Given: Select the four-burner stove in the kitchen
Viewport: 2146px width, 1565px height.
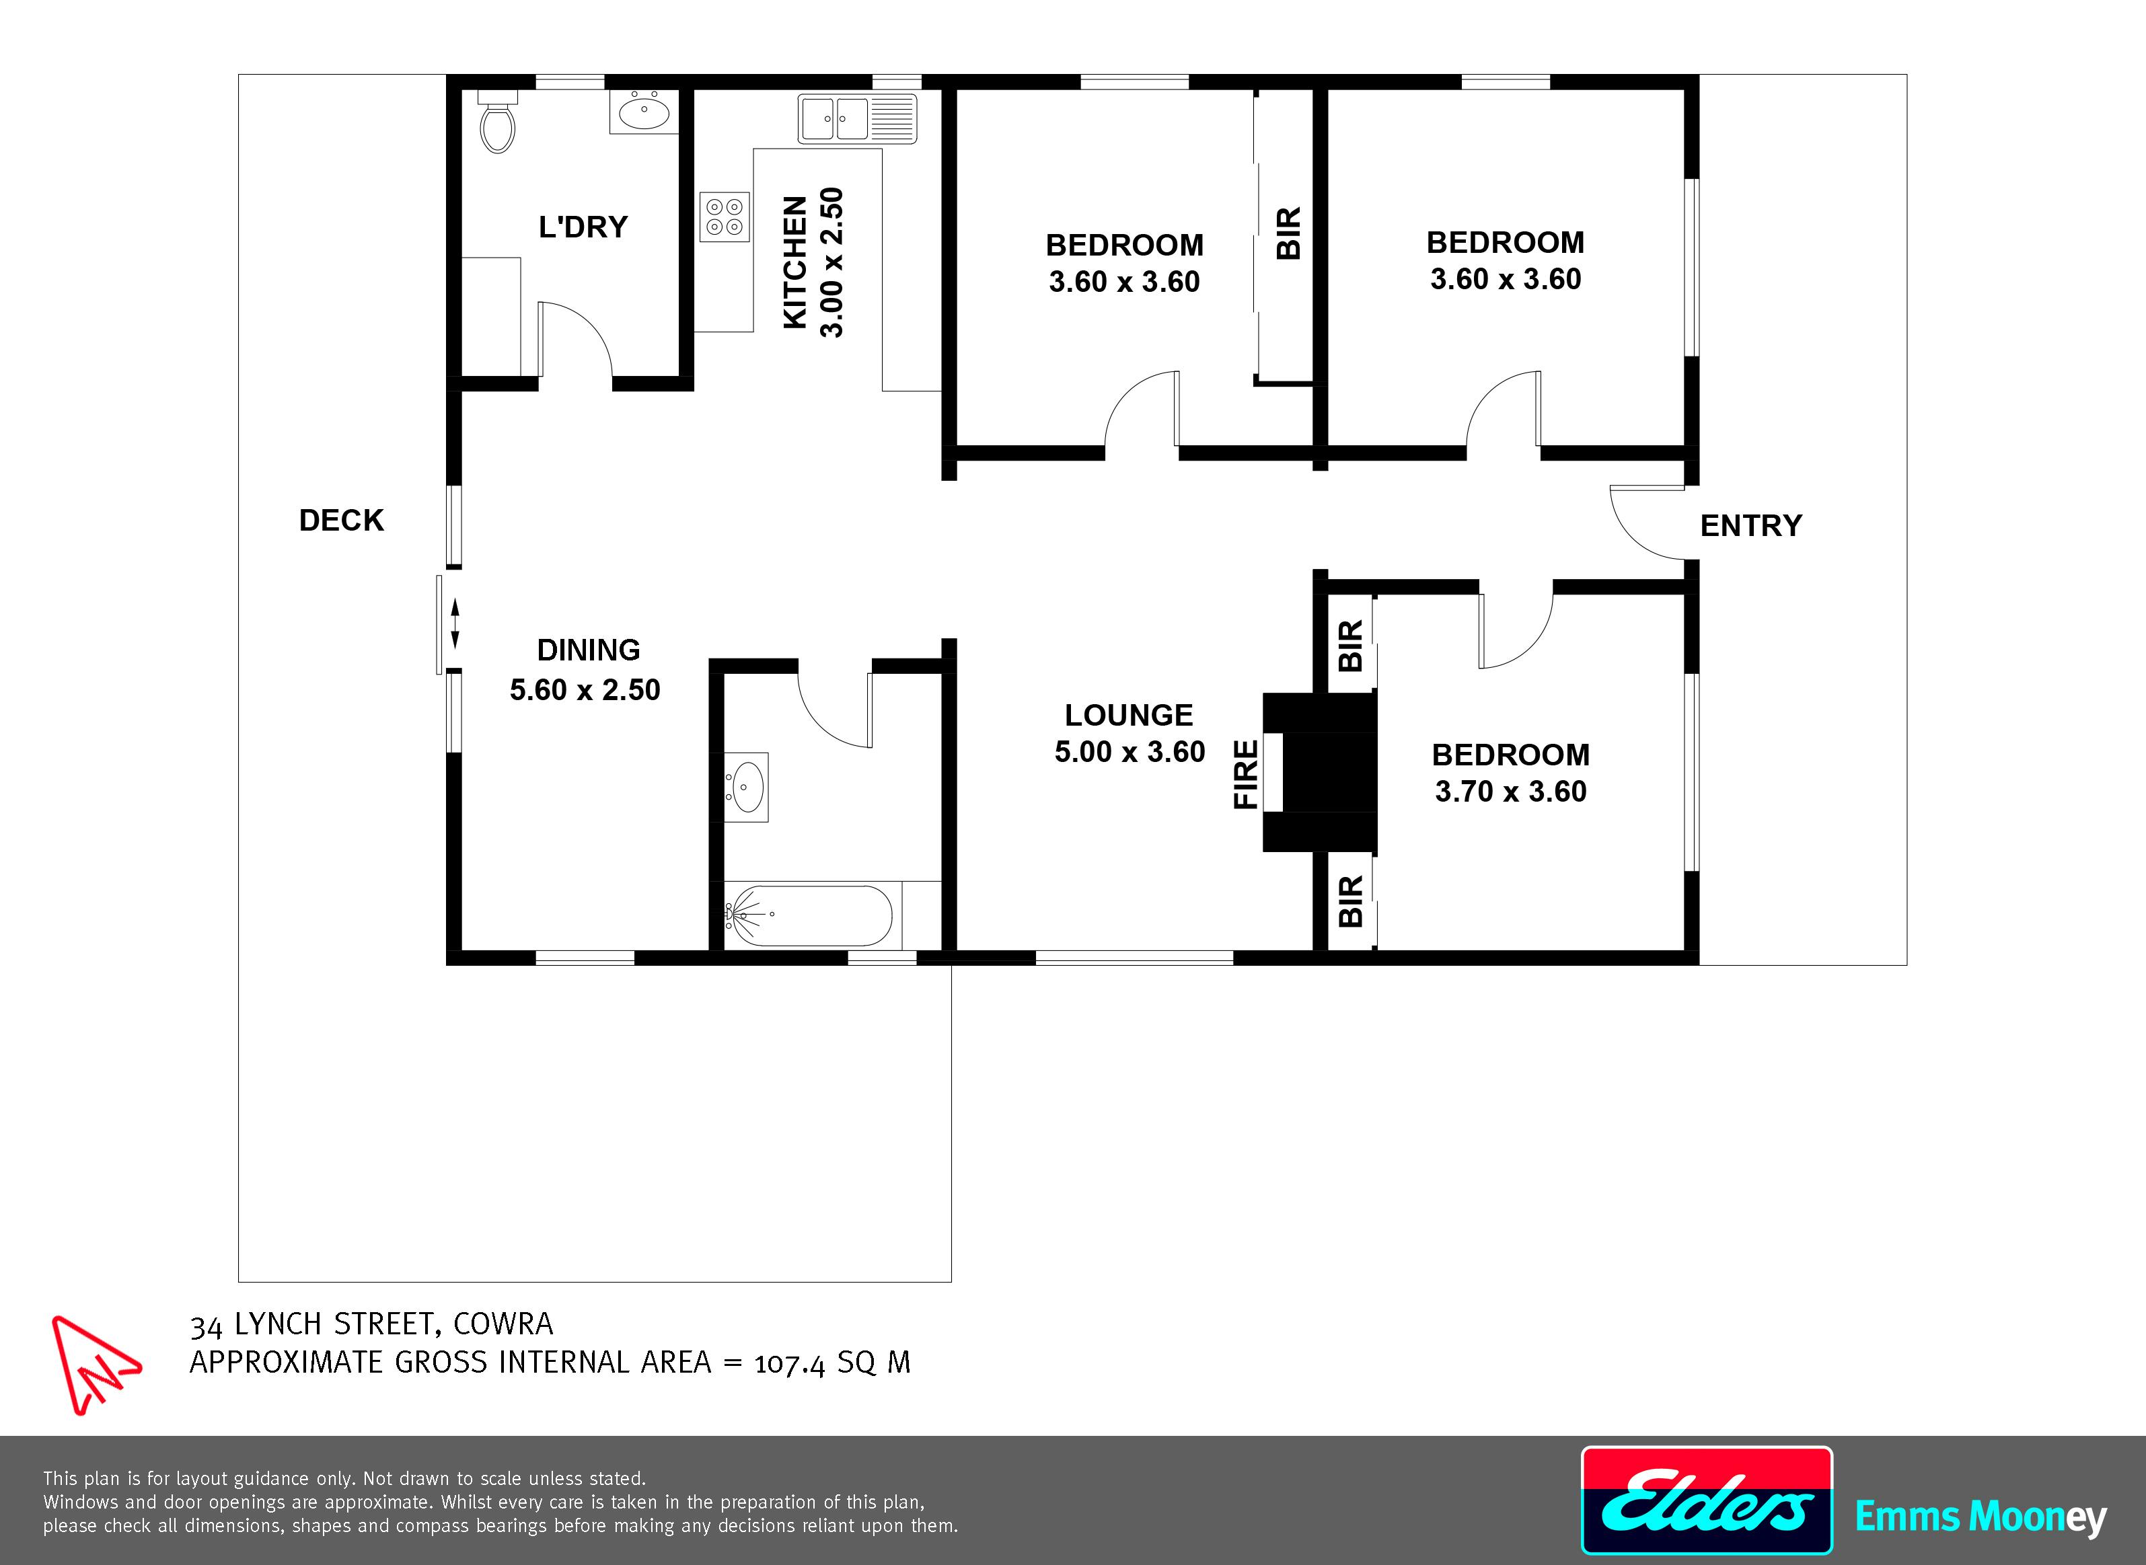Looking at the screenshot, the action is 725,217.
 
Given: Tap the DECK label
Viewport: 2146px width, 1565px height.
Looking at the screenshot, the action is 342,520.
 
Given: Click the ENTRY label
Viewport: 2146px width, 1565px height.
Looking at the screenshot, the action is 1751,526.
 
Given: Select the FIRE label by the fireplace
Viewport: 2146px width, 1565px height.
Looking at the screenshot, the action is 1246,775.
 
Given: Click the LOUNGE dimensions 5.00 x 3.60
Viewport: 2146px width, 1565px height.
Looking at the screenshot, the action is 1130,752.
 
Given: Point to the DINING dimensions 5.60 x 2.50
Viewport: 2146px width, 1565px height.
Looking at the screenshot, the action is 585,689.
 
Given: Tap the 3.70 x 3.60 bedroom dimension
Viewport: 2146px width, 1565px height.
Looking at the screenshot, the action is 1510,791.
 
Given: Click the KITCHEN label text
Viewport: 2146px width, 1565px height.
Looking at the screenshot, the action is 796,262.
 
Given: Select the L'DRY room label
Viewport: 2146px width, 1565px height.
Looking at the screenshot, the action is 583,227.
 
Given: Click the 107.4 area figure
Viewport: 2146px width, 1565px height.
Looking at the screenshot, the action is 791,1363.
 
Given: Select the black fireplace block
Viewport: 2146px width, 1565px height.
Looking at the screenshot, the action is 1319,772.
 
